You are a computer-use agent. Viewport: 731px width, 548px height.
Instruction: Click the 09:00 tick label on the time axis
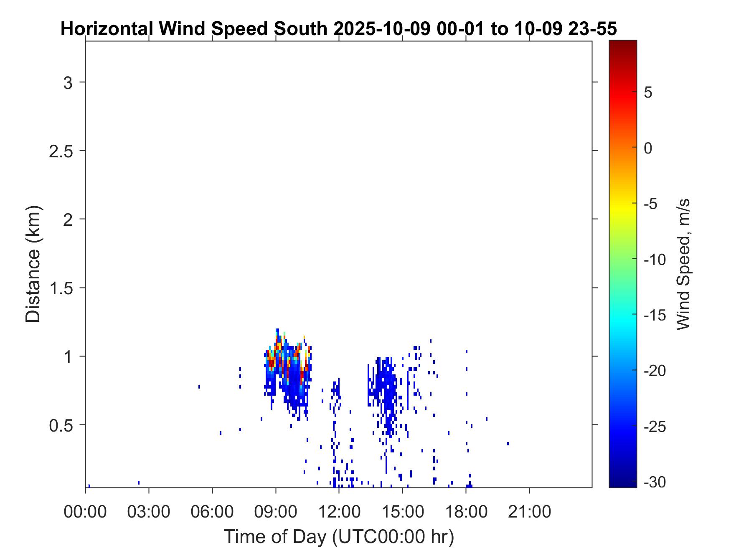[x=276, y=511]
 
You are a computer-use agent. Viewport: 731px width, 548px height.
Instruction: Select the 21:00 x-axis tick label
[x=529, y=511]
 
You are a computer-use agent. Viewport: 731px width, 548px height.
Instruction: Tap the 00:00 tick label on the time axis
[x=85, y=511]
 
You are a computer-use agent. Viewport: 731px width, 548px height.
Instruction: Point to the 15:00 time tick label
[x=402, y=511]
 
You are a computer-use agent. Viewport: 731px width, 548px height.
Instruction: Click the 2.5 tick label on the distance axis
[x=61, y=152]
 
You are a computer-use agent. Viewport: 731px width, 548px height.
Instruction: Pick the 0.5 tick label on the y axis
[x=61, y=426]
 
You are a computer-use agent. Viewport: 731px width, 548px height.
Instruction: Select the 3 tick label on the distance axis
[x=68, y=83]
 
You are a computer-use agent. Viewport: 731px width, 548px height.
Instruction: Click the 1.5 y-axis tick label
[x=61, y=289]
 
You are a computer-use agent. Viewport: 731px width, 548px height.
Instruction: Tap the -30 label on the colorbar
[x=655, y=482]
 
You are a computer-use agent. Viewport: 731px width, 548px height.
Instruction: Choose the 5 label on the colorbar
[x=648, y=92]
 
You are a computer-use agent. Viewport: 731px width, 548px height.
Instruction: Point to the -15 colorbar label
[x=655, y=315]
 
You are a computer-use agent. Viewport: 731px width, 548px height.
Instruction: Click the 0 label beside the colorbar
[x=648, y=148]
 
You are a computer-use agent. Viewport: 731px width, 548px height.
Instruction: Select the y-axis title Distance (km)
[x=33, y=264]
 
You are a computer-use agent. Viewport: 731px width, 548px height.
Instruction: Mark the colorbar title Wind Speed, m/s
[x=683, y=264]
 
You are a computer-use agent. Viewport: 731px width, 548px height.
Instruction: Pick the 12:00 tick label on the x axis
[x=339, y=511]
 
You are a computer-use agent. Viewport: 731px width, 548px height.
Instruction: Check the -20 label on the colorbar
[x=655, y=371]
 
